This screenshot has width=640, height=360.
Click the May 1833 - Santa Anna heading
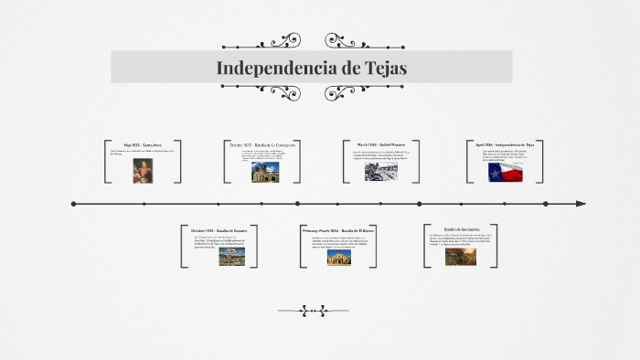click(x=144, y=145)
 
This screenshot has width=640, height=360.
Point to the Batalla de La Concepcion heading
click(x=262, y=144)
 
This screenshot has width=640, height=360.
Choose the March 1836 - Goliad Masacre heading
click(x=381, y=144)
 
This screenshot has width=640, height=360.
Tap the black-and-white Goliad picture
click(x=380, y=171)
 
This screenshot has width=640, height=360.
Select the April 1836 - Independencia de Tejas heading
click(x=504, y=144)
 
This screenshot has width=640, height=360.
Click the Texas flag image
click(x=505, y=172)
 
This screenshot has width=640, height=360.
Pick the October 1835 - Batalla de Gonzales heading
click(x=219, y=230)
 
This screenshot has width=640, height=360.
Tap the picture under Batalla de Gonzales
click(x=231, y=256)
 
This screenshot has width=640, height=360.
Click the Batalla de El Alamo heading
click(x=338, y=231)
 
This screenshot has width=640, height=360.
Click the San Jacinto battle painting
click(x=461, y=256)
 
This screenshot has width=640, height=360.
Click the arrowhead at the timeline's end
click(x=581, y=204)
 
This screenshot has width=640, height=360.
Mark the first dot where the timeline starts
click(x=73, y=204)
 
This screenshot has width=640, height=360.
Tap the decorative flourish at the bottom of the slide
click(x=313, y=311)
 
